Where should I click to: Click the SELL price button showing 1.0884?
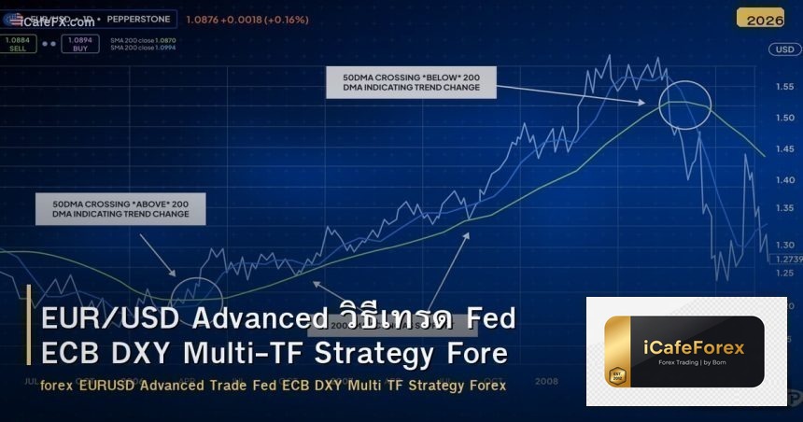pos(16,43)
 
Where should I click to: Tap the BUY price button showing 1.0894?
pos(80,43)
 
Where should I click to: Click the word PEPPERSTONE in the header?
pos(138,18)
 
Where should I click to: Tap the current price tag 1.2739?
pos(788,259)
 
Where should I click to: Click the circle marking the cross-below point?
pos(685,104)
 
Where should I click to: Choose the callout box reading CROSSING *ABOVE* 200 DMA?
pos(120,208)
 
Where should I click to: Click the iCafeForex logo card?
pos(686,351)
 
